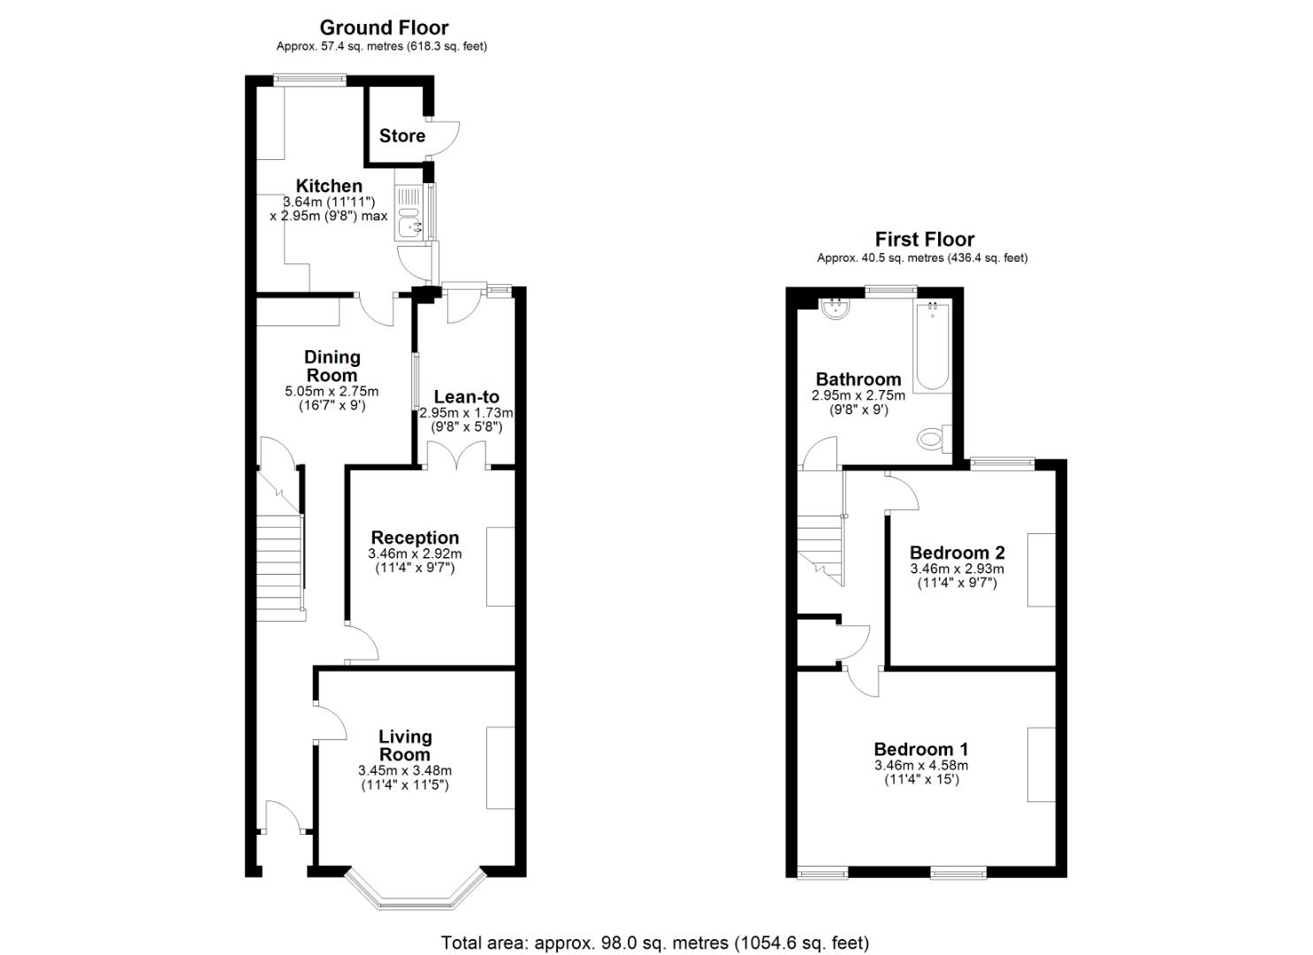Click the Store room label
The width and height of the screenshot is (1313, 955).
(401, 135)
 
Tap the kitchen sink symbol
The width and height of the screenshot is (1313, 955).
(410, 213)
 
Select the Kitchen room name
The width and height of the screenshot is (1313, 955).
(329, 186)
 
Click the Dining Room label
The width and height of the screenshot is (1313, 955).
(332, 365)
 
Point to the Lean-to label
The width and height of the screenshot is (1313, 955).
(466, 397)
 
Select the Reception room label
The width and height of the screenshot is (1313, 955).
(415, 538)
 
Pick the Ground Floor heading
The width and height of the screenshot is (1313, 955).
(384, 27)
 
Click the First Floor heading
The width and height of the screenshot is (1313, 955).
(924, 239)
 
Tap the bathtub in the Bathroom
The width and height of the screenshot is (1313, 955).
(932, 347)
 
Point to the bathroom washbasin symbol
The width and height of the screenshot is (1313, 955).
(835, 309)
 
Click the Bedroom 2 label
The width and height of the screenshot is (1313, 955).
(957, 553)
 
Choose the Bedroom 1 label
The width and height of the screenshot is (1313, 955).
(920, 749)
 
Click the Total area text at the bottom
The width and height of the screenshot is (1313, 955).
(655, 943)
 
